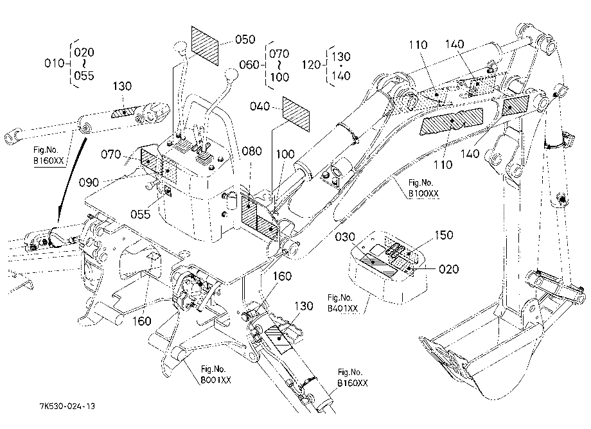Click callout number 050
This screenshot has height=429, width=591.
tap(245, 40)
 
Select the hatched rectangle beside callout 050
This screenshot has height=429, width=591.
tap(205, 46)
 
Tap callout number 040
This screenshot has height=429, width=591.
tap(260, 107)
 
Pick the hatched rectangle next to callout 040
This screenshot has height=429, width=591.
tap(296, 114)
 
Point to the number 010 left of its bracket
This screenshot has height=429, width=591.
tap(54, 63)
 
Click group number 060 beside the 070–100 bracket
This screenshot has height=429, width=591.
tap(249, 65)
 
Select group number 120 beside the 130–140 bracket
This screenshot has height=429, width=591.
tap(312, 65)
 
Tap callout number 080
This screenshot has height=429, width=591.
tap(252, 151)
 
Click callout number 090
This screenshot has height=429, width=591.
tap(89, 182)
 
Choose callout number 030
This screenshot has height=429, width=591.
tap(345, 237)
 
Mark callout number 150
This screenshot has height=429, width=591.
tap(444, 235)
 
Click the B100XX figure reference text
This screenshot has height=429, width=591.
tap(423, 193)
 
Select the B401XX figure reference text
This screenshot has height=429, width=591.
tap(342, 308)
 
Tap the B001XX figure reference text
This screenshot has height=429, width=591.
tap(216, 380)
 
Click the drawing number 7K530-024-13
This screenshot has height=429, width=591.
tap(67, 406)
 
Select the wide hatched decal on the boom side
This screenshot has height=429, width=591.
tap(452, 121)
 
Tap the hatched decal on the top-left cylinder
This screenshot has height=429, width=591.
tap(125, 112)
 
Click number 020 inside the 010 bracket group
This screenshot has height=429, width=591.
tap(84, 53)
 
